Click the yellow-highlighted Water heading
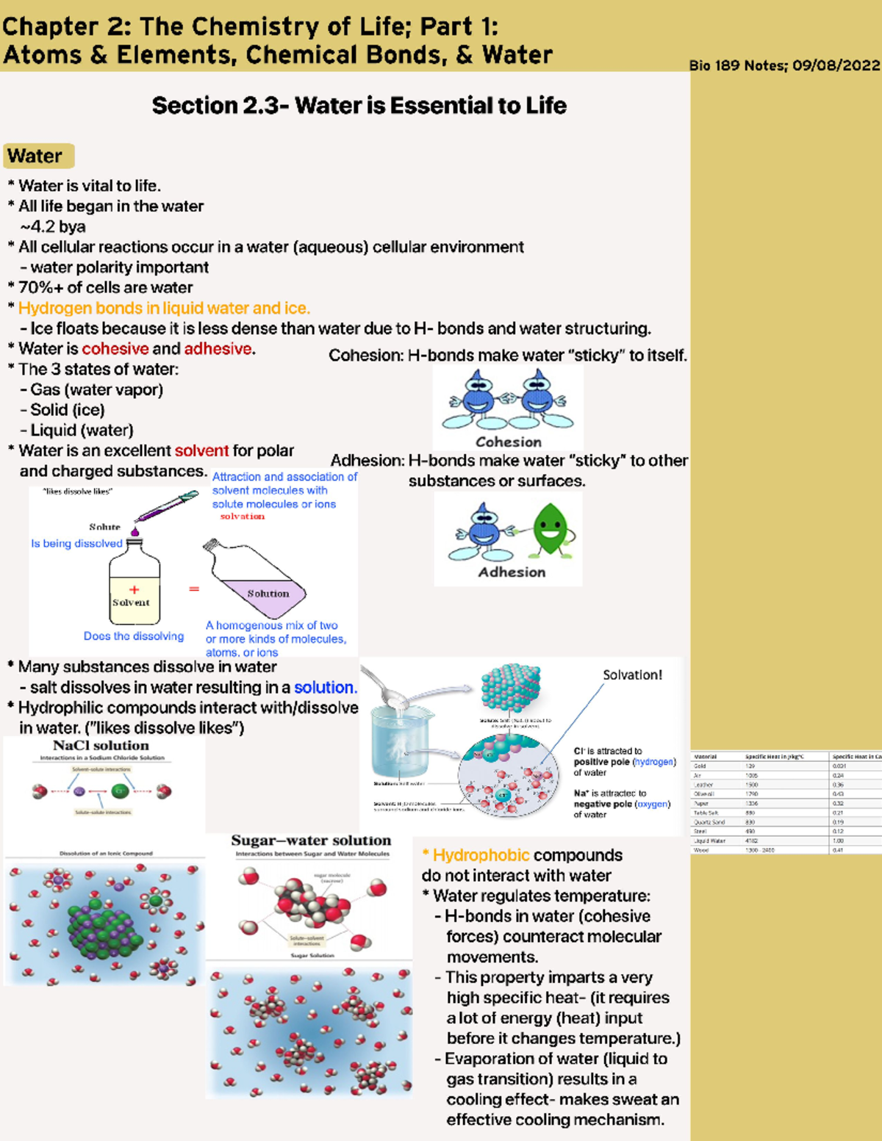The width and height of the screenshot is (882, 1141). pyautogui.click(x=37, y=156)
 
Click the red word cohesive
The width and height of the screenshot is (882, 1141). pyautogui.click(x=115, y=349)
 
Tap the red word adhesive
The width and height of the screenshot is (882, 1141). pyautogui.click(x=218, y=349)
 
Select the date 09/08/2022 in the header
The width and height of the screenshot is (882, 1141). pyautogui.click(x=836, y=65)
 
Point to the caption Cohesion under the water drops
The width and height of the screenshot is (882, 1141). pyautogui.click(x=508, y=442)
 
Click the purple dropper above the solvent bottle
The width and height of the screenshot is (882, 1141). pyautogui.click(x=168, y=507)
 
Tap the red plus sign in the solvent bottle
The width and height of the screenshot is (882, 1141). pyautogui.click(x=134, y=589)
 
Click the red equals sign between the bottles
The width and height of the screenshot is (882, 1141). pyautogui.click(x=194, y=589)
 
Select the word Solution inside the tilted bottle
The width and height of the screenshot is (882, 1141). pyautogui.click(x=268, y=593)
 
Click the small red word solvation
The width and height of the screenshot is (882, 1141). pyautogui.click(x=242, y=516)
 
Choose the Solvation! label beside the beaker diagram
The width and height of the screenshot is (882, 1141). pyautogui.click(x=632, y=674)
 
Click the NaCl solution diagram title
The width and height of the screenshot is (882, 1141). pyautogui.click(x=101, y=745)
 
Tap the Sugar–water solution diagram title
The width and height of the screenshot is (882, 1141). pyautogui.click(x=311, y=841)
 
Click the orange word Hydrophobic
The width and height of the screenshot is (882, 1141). pyautogui.click(x=481, y=855)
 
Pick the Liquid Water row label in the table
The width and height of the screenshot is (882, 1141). pyautogui.click(x=709, y=841)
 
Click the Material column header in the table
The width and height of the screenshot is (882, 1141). pyautogui.click(x=705, y=756)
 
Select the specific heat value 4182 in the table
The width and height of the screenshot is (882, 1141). pyautogui.click(x=751, y=841)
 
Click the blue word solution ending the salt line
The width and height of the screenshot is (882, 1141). pyautogui.click(x=324, y=688)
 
